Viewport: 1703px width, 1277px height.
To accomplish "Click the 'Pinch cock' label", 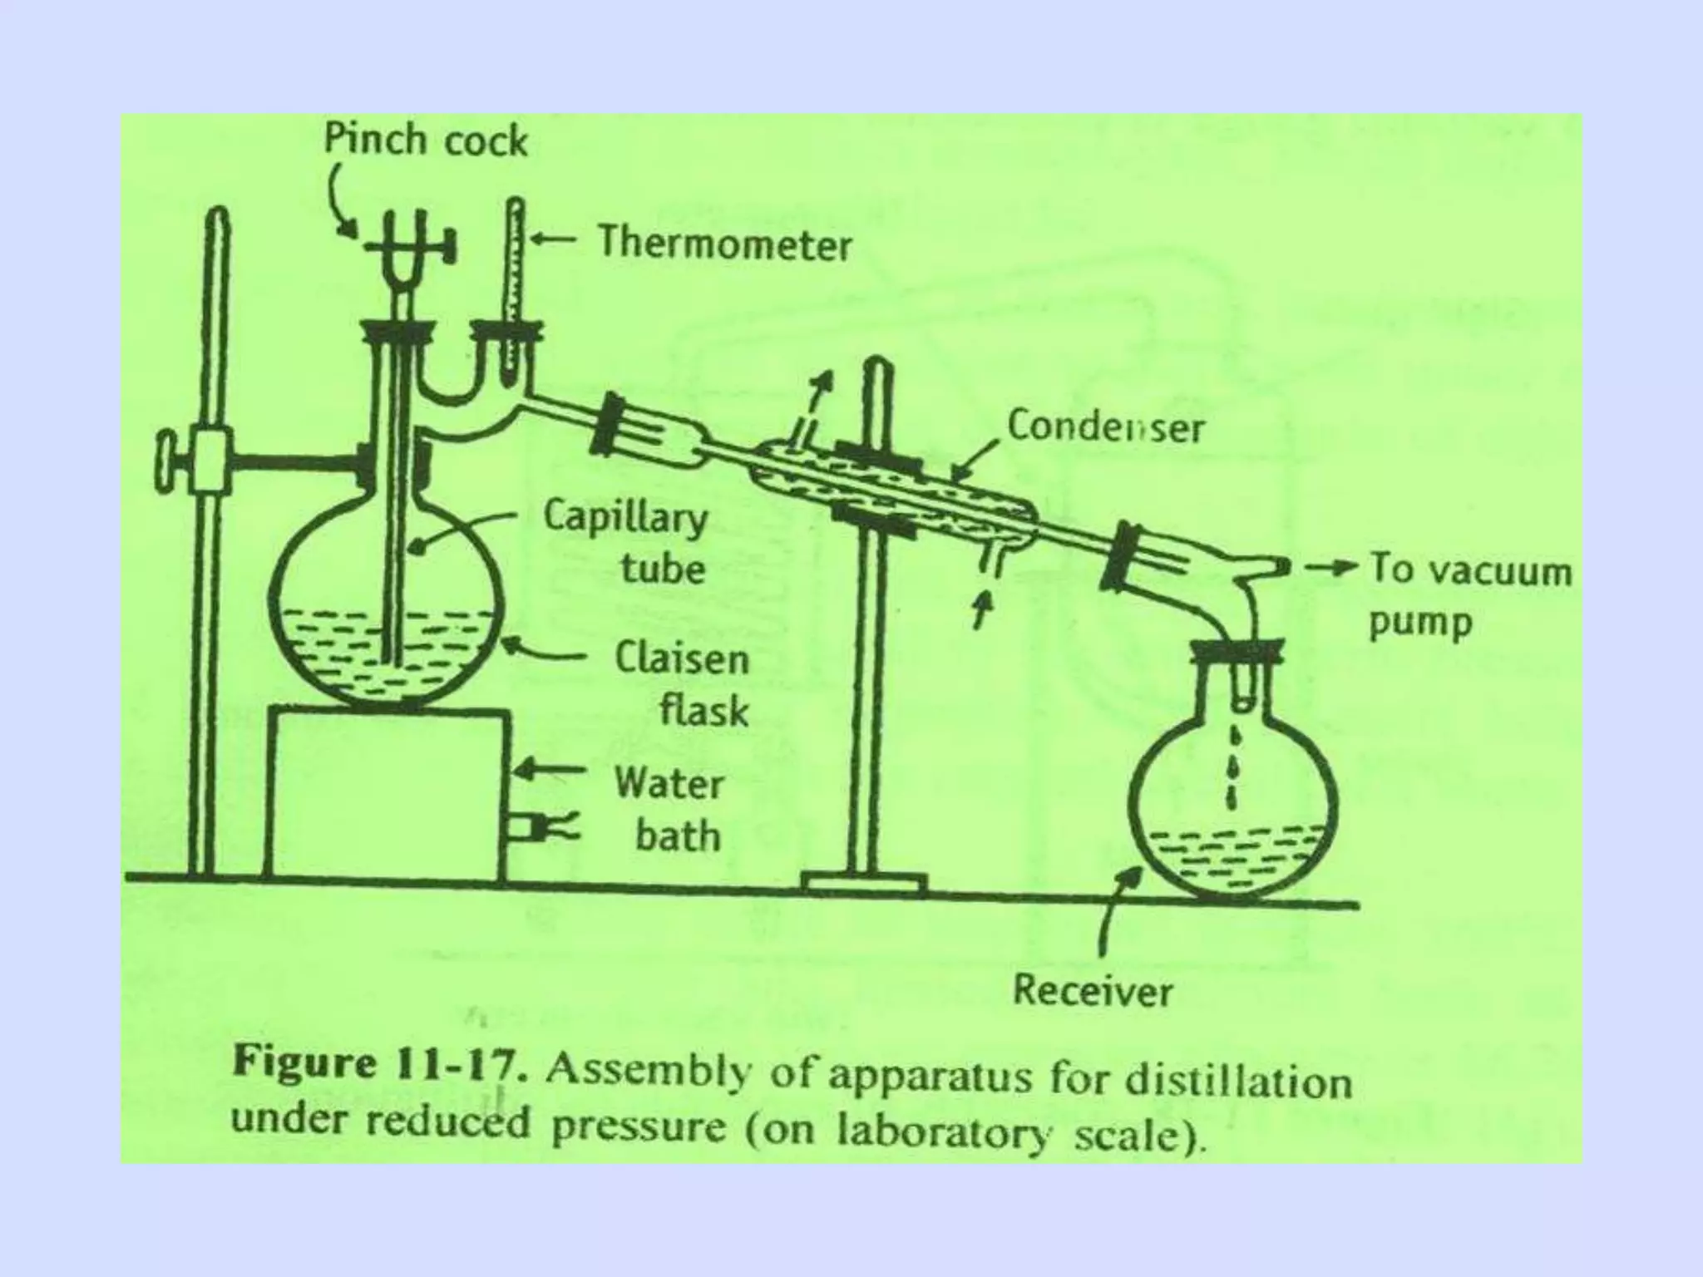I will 425,140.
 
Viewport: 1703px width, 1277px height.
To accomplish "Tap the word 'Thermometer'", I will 724,244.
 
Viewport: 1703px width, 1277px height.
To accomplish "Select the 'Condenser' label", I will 1105,427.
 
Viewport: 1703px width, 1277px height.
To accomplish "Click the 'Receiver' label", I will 1092,991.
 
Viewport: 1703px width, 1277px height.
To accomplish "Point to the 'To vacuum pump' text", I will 1469,595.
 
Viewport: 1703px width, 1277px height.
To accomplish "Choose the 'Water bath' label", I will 670,810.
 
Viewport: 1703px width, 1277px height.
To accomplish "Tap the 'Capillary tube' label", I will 625,542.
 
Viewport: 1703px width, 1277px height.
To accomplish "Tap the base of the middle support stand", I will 864,884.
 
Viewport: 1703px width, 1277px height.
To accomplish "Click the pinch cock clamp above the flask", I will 407,245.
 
